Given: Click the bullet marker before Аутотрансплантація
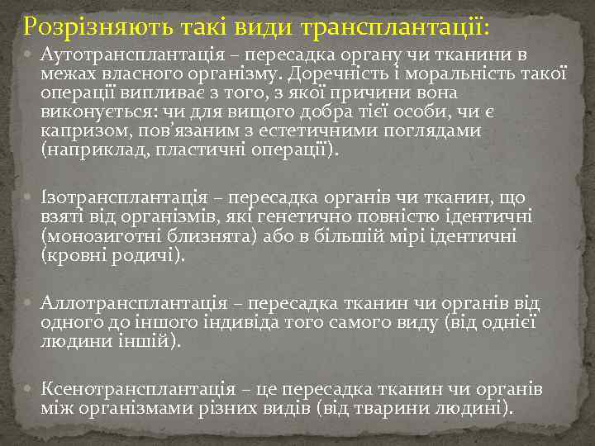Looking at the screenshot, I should pos(30,56).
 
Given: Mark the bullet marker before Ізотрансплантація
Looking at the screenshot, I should pos(30,198).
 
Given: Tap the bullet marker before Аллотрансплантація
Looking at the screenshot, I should pos(30,302).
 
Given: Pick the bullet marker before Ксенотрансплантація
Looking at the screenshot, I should pos(30,388).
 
